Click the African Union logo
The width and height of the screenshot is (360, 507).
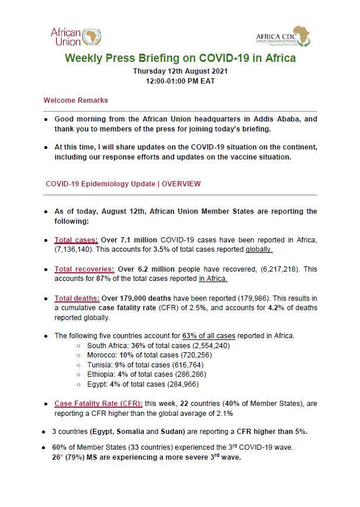click(76, 36)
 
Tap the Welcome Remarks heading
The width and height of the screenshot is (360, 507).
click(75, 100)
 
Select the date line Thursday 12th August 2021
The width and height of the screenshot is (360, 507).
click(180, 71)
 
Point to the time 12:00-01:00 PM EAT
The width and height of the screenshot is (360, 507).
click(180, 81)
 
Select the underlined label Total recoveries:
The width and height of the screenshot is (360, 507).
click(84, 269)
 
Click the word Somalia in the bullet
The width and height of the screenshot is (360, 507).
click(139, 432)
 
